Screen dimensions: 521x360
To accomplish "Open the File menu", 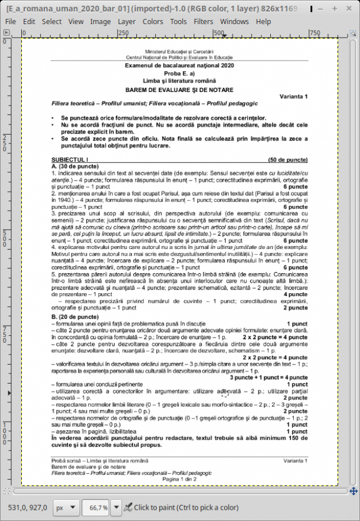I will click(x=10, y=21).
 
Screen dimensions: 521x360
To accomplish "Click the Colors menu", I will click(x=153, y=21).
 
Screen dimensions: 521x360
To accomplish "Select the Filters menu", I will click(x=204, y=21).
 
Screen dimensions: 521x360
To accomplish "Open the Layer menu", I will click(x=126, y=21).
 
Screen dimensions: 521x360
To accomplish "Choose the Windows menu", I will click(x=234, y=21).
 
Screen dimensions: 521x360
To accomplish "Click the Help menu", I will click(x=263, y=21).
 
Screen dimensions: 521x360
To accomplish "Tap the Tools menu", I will click(x=178, y=21).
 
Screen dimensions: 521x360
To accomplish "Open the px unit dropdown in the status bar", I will click(x=65, y=507).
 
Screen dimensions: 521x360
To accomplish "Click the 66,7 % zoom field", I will click(x=97, y=507).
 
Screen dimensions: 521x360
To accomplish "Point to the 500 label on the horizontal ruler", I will click(x=219, y=33).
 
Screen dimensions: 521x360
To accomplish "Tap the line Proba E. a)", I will click(x=179, y=73).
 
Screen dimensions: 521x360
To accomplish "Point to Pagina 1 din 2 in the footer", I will click(x=179, y=479).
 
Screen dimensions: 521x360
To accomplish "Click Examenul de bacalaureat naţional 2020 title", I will click(x=179, y=65).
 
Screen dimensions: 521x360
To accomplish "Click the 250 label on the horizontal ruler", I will click(x=124, y=33).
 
